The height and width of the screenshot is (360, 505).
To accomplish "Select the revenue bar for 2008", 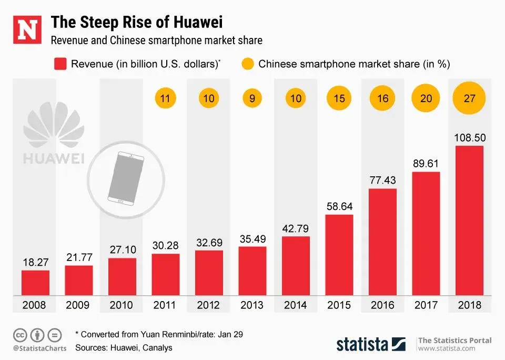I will tap(35, 283).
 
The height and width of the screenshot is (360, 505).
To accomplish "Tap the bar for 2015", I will tap(339, 255).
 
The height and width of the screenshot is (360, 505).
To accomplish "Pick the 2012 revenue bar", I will tap(209, 273).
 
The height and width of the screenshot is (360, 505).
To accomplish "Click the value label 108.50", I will tap(469, 138).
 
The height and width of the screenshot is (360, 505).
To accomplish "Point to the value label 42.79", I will tap(296, 229).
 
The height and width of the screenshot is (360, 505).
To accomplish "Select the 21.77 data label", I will tap(79, 258).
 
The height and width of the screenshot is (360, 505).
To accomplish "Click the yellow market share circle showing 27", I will tap(469, 98).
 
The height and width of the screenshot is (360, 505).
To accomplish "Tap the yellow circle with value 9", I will tap(252, 98).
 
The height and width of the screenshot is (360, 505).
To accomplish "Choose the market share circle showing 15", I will tap(339, 98).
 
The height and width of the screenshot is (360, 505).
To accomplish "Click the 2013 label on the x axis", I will tap(252, 305).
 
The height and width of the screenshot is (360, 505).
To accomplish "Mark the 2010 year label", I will tap(122, 305).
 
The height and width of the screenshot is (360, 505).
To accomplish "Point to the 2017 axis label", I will tap(426, 305).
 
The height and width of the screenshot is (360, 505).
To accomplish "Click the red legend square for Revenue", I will tap(59, 65).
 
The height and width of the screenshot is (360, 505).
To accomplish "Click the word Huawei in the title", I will tap(195, 22).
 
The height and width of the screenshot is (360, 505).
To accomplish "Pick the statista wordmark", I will tap(363, 344).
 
